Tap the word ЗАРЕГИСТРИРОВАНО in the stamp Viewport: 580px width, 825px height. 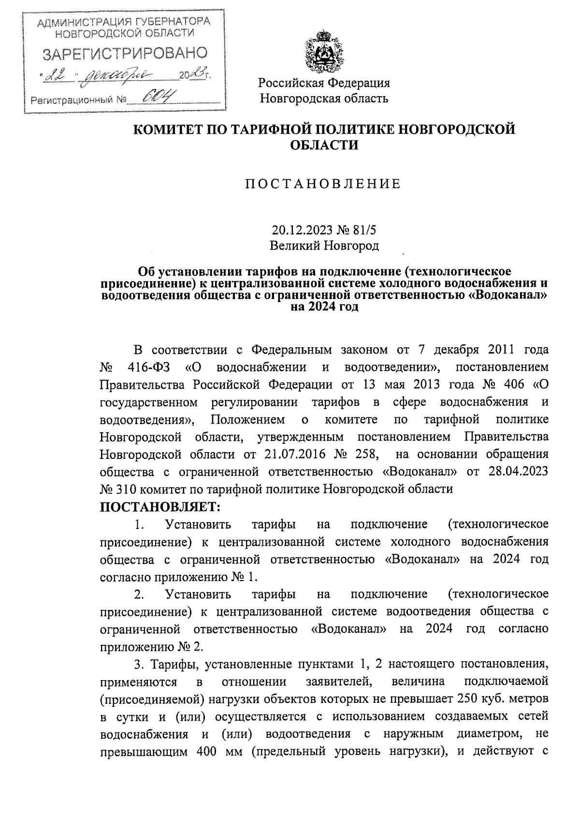point(125,54)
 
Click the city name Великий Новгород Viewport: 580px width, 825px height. point(324,246)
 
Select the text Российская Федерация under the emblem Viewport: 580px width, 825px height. point(324,83)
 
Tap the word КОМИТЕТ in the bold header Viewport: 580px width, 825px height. point(172,129)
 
